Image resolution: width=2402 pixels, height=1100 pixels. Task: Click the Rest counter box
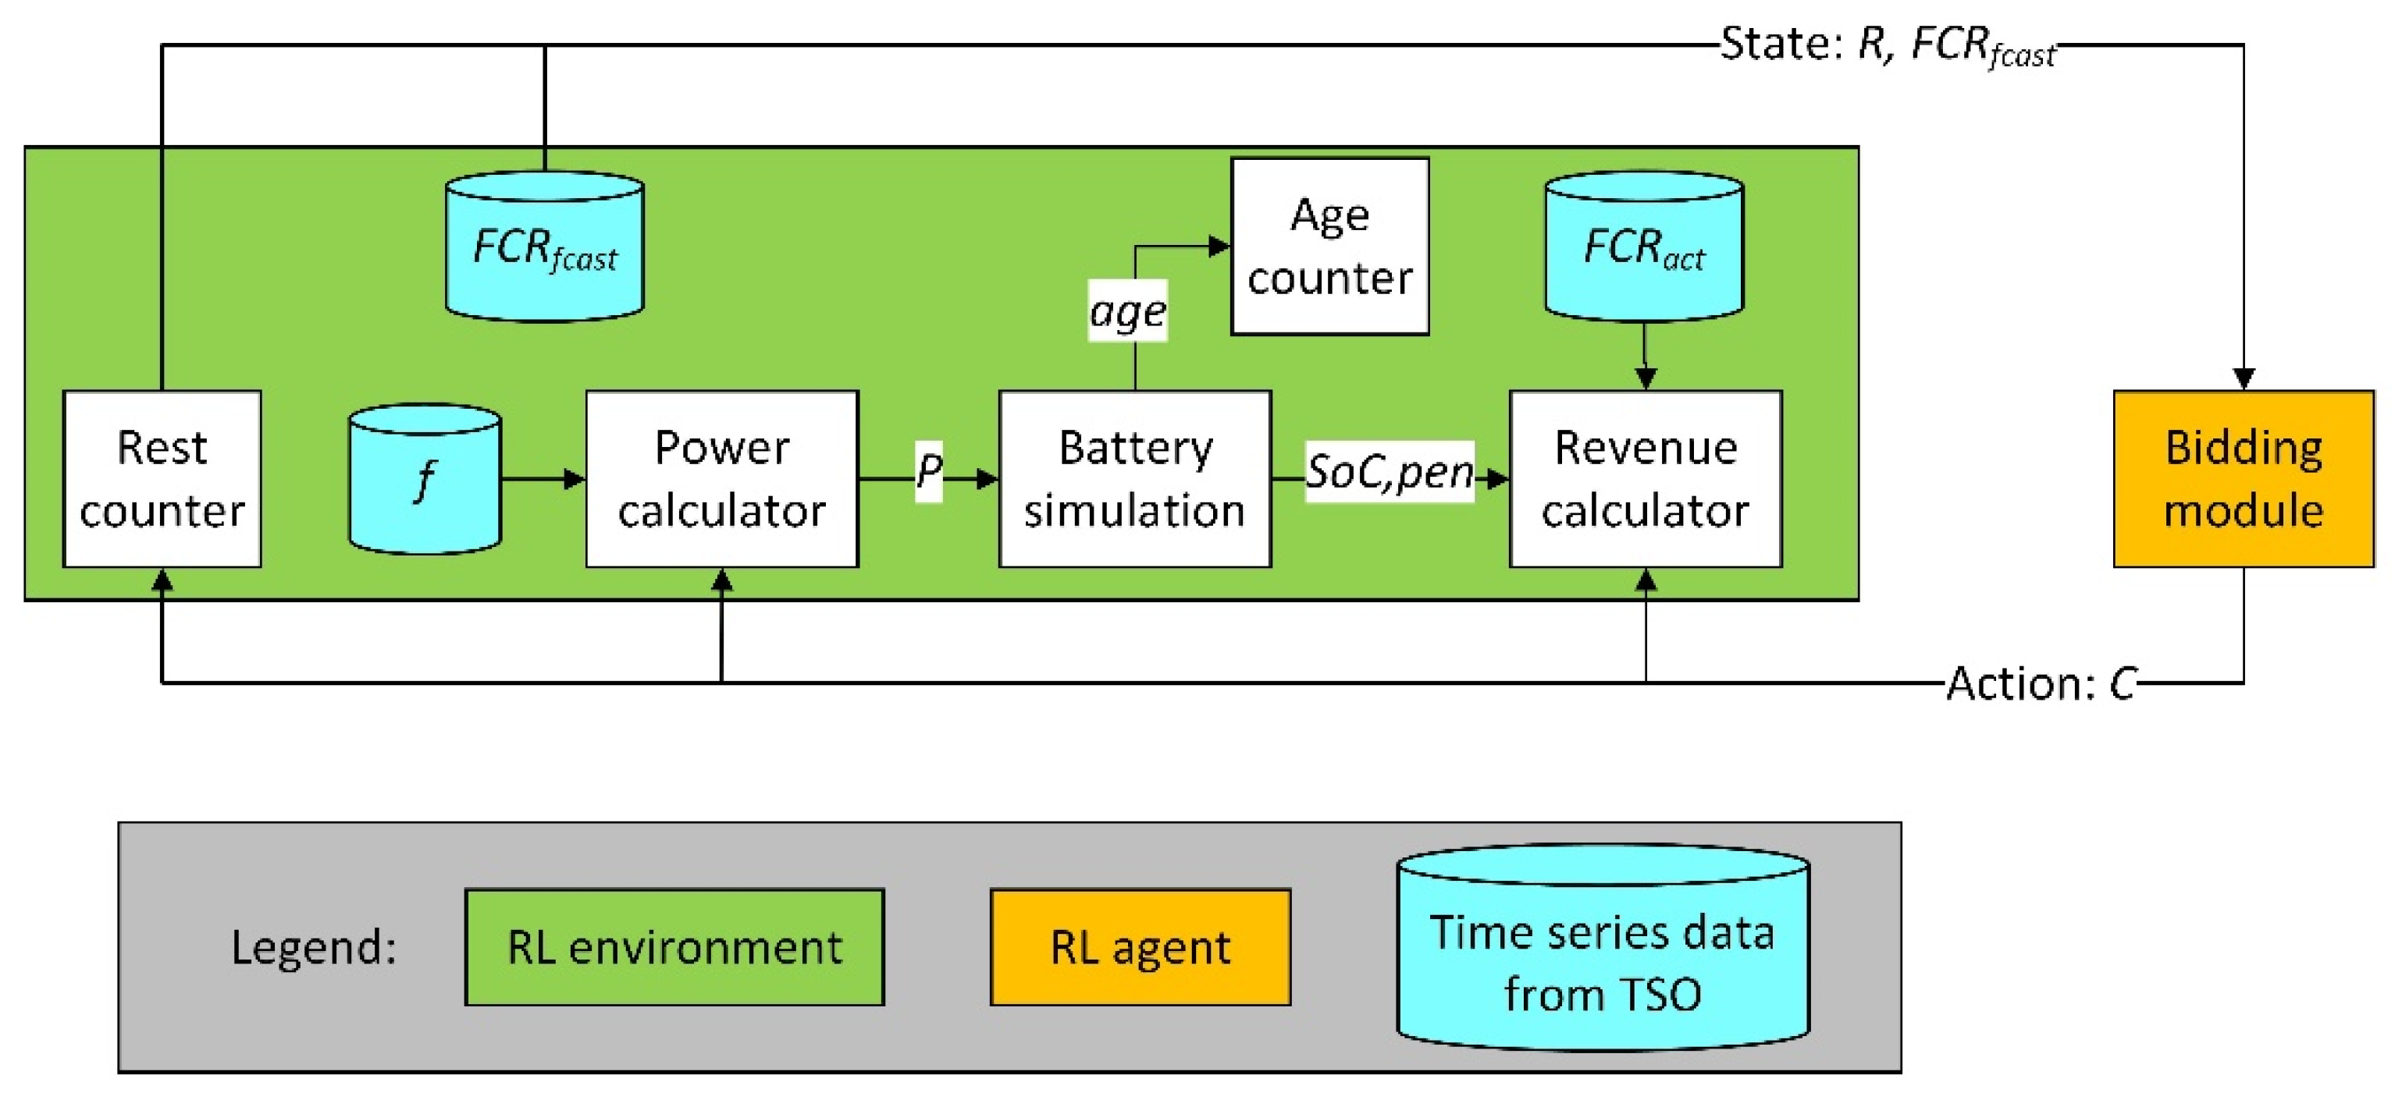click(x=162, y=478)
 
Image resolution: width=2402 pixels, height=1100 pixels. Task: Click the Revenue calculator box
click(x=1645, y=478)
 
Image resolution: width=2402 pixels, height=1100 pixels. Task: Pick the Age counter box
click(x=1329, y=246)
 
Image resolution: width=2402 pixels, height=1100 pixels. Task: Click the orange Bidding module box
click(x=2243, y=478)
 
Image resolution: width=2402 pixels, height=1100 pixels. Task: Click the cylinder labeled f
click(x=425, y=479)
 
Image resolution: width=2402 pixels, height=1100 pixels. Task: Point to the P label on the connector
click(x=928, y=470)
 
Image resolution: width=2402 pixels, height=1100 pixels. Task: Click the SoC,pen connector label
click(x=1389, y=472)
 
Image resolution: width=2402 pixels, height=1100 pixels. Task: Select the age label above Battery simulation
click(x=1127, y=311)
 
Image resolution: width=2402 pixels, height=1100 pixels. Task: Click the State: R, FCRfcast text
click(x=1888, y=44)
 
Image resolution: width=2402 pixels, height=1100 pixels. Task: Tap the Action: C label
click(x=2042, y=683)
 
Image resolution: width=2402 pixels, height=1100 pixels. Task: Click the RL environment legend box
click(x=674, y=947)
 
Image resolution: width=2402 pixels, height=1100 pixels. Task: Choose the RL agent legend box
click(x=1140, y=947)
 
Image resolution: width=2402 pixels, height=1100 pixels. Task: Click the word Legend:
click(x=313, y=947)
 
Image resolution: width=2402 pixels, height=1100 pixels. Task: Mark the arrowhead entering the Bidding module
click(x=2244, y=378)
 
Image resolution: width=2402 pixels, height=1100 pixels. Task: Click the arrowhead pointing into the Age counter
click(x=1219, y=246)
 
